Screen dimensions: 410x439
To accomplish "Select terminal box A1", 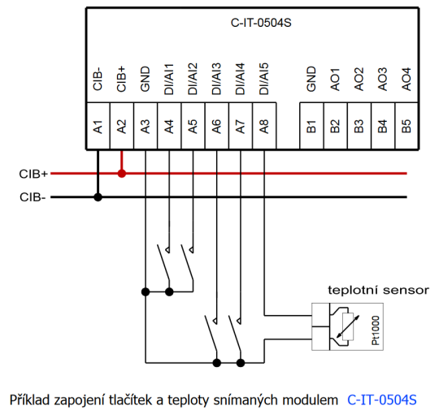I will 98,126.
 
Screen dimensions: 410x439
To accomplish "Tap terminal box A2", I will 121,126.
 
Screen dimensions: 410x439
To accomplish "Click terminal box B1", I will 312,126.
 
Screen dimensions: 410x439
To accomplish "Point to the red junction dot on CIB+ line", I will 121,173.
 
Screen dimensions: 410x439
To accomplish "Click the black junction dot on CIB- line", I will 98,196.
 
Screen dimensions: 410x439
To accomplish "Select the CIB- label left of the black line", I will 33,196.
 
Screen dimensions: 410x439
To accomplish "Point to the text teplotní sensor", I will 378,289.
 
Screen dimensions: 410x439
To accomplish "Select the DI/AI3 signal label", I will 216,76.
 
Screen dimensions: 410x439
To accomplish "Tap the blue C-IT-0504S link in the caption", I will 381,399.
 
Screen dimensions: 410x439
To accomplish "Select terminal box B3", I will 359,126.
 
